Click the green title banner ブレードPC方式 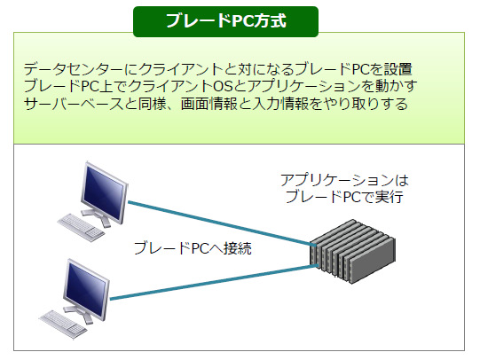click(x=226, y=21)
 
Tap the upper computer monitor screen click(x=104, y=192)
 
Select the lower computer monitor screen click(x=86, y=288)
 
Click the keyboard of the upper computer click(x=81, y=227)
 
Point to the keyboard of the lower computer click(x=63, y=325)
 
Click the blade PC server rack click(x=352, y=252)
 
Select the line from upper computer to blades click(x=221, y=223)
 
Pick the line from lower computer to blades click(x=214, y=282)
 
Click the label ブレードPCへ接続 click(x=193, y=248)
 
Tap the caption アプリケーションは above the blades click(x=344, y=180)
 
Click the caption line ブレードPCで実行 click(x=344, y=197)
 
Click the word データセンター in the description click(x=74, y=69)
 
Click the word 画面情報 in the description click(x=209, y=104)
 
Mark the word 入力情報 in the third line click(x=280, y=104)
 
